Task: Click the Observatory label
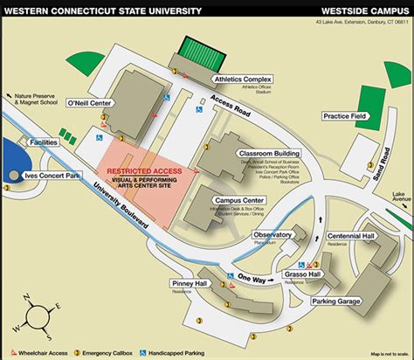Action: tap(273, 234)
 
